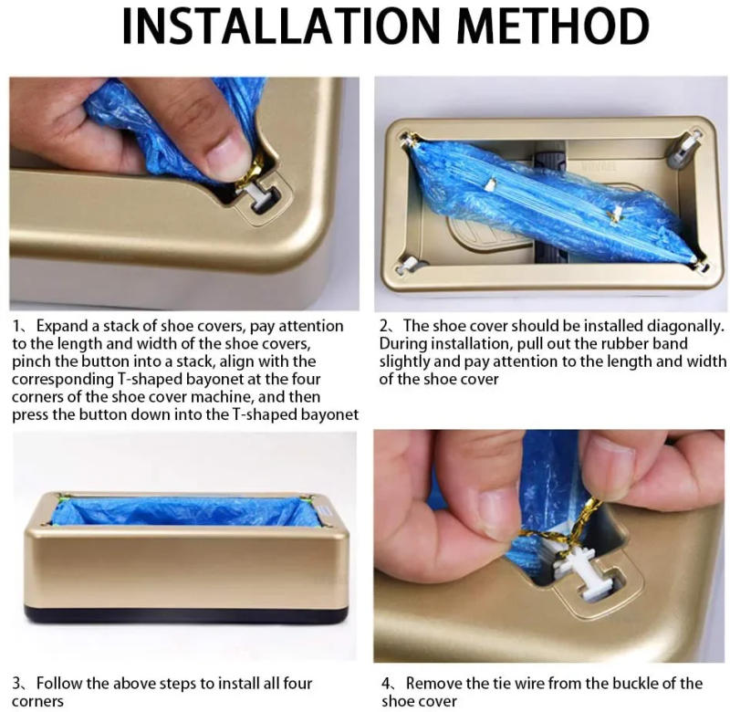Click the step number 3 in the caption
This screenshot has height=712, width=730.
pyautogui.click(x=16, y=684)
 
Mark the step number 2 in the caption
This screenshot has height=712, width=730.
pyautogui.click(x=385, y=326)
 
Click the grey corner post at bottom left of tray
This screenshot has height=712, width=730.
pyautogui.click(x=412, y=264)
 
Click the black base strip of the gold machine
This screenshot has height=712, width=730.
pyautogui.click(x=187, y=614)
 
